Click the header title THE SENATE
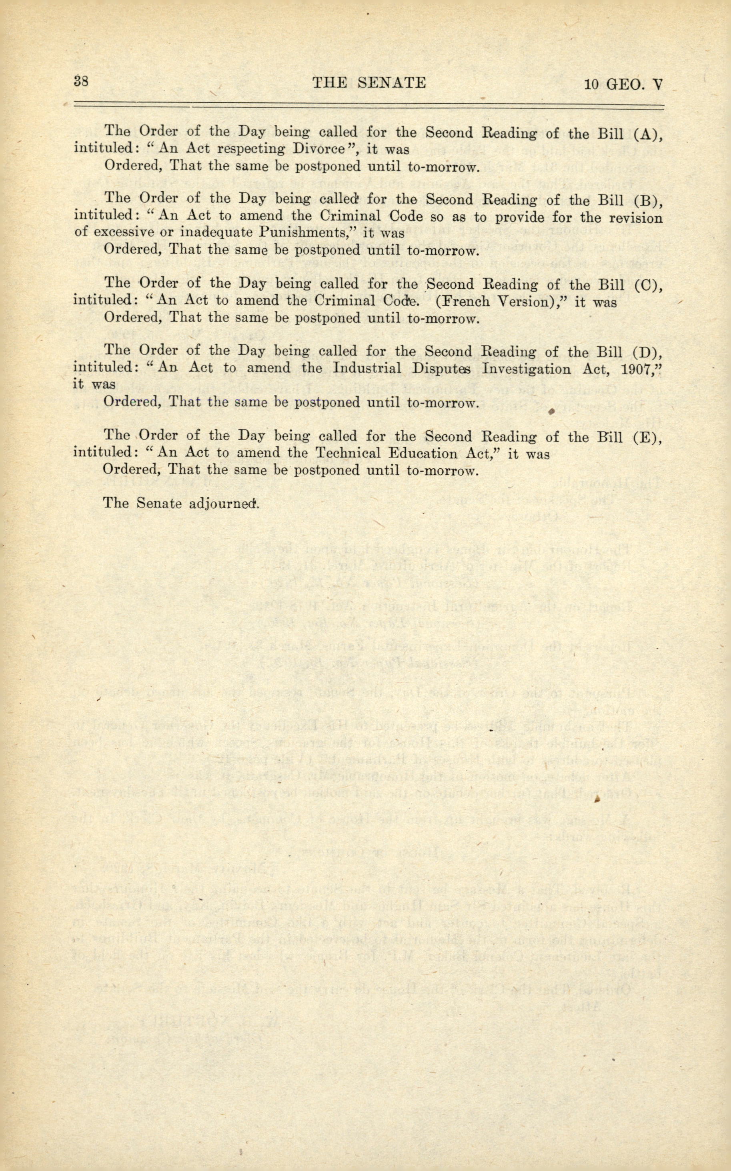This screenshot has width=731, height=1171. (369, 83)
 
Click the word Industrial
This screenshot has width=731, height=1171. (367, 368)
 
